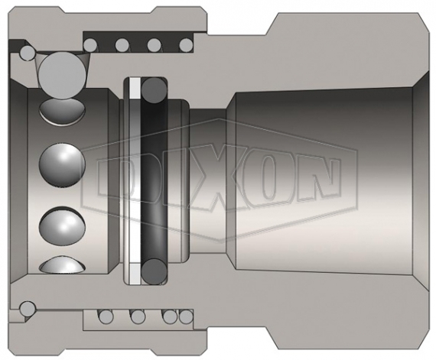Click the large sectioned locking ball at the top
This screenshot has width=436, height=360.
coord(62,75)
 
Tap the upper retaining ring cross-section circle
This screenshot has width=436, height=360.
coord(28,52)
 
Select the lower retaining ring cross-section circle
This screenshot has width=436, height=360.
coord(28,309)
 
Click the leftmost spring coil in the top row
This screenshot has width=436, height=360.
coord(91,45)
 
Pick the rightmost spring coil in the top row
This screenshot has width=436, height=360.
coord(187,45)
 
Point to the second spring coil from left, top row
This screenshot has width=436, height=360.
coord(122,45)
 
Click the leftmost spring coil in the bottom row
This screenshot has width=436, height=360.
coord(106,316)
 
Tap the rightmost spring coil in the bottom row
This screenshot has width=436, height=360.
coord(187,316)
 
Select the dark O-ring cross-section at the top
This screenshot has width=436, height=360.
coord(155,90)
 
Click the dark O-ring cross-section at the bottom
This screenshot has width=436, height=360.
coord(155,271)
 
